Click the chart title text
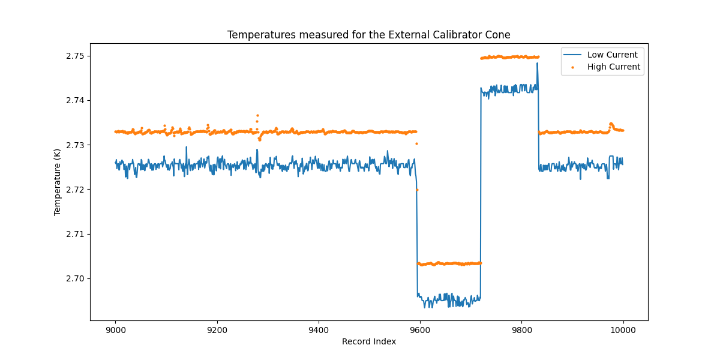pos(368,35)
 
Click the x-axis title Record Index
pos(368,341)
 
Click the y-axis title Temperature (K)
pos(58,181)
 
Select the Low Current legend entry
pos(612,55)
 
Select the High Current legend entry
pos(613,67)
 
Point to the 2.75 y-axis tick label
pos(75,56)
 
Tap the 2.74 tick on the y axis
pos(75,100)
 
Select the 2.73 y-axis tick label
pos(75,145)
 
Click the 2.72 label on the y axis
pos(75,190)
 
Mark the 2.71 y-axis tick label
pos(75,234)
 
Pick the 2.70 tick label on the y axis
pos(75,278)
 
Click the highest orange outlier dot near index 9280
pos(257,115)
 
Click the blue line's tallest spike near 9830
pos(537,63)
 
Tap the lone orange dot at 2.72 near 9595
pos(417,190)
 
